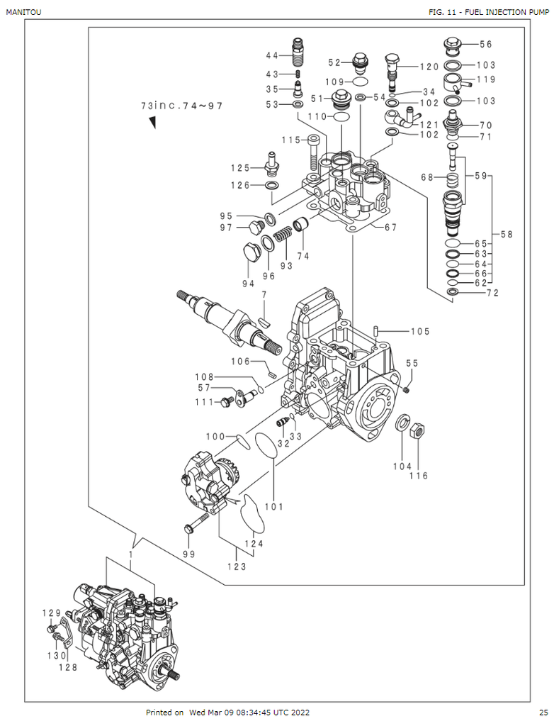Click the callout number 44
click(272, 56)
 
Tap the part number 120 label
click(429, 67)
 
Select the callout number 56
click(485, 44)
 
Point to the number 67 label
click(390, 228)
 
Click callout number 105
click(420, 331)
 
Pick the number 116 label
click(418, 476)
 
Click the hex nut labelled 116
click(418, 429)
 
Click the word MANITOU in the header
click(23, 13)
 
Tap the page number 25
click(543, 713)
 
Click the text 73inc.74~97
click(181, 106)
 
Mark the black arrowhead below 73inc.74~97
click(152, 123)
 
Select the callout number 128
click(67, 666)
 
